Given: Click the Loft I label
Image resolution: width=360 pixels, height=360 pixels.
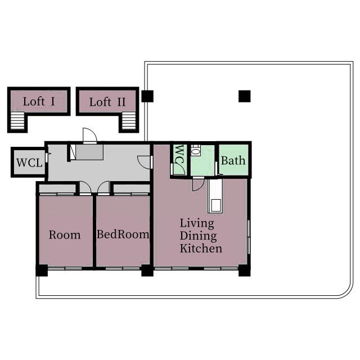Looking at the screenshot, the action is [39, 101].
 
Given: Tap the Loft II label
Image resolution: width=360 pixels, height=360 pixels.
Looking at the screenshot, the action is [107, 102].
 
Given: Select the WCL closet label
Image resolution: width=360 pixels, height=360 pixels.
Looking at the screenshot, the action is [29, 163].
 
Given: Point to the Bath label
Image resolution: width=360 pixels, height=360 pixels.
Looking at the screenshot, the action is [233, 160].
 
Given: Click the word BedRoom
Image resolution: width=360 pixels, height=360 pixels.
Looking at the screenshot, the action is [123, 234].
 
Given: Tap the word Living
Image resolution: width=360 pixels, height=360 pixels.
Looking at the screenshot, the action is [197, 223].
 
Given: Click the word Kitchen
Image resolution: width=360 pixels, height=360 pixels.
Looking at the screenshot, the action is [201, 249].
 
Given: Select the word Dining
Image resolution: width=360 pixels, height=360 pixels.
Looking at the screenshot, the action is [198, 236].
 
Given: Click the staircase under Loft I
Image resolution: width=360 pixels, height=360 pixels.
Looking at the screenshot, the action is [17, 120].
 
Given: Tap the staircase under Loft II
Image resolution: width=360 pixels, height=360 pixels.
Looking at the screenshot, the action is [129, 120].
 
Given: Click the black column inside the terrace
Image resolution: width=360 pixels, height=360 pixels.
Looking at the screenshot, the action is [245, 96].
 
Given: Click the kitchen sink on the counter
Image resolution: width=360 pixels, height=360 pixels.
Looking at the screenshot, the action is [216, 205].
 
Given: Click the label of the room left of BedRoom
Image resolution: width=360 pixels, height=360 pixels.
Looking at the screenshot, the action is [65, 235].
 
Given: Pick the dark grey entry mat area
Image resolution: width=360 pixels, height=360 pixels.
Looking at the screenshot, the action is [89, 152].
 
